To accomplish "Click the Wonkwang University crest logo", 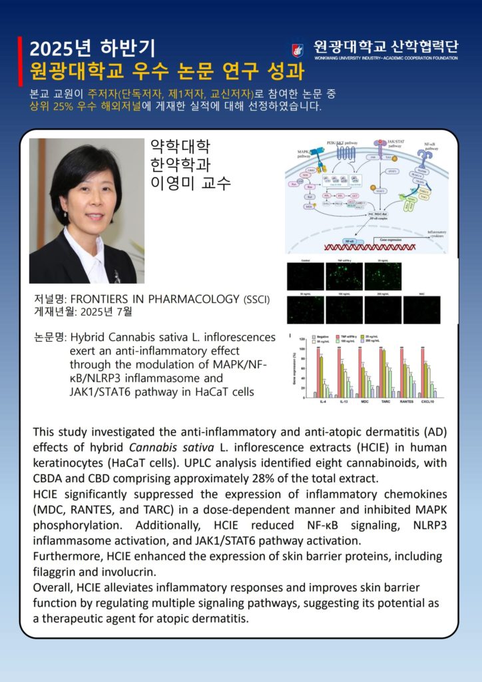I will pyautogui.click(x=298, y=49).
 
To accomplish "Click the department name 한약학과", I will pyautogui.click(x=180, y=165).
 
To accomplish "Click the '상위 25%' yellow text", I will pyautogui.click(x=48, y=107).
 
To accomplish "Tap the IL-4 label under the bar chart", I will pyautogui.click(x=323, y=403).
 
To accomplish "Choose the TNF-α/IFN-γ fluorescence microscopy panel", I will pyautogui.click(x=344, y=276).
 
